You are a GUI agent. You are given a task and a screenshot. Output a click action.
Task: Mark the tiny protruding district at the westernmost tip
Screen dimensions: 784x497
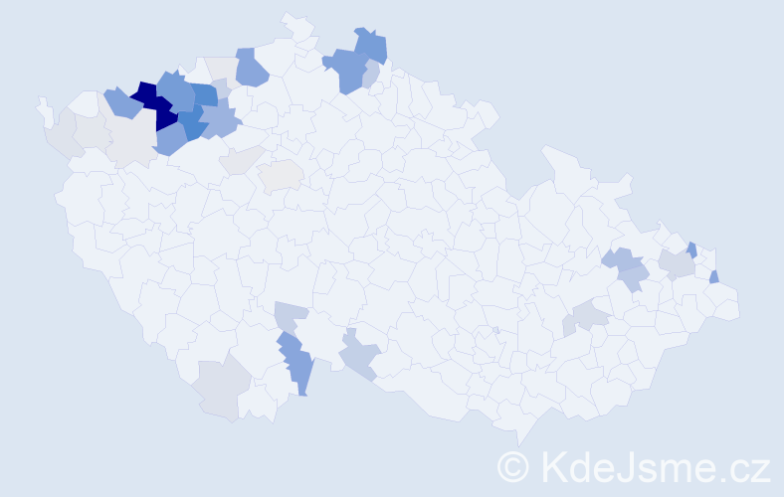pyautogui.click(x=44, y=109)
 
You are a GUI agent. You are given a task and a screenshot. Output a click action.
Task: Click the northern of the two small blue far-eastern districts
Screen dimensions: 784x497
pyautogui.click(x=691, y=249)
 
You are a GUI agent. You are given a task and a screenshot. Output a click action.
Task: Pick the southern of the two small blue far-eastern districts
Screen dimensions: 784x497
pyautogui.click(x=714, y=276)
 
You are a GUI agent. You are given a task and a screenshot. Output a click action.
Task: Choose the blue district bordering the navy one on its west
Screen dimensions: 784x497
pyautogui.click(x=121, y=101)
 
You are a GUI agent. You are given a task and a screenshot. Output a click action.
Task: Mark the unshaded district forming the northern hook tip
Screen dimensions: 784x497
pyautogui.click(x=293, y=22)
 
